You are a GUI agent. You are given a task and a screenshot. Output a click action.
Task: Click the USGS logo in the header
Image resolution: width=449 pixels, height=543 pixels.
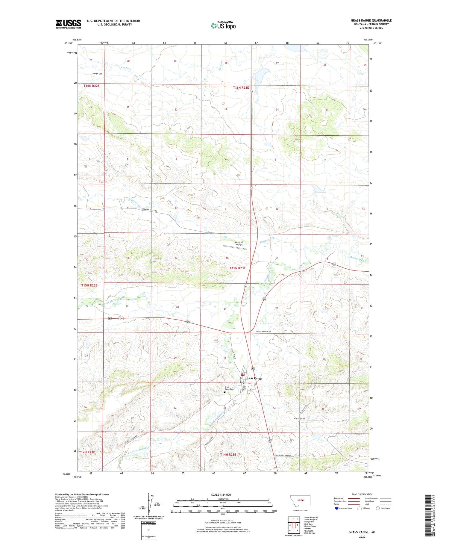click(x=68, y=24)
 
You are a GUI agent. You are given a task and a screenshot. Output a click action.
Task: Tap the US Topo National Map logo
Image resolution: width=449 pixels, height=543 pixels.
click(x=223, y=25)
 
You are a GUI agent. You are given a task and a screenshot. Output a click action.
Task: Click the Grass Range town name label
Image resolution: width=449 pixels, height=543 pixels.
click(x=254, y=378)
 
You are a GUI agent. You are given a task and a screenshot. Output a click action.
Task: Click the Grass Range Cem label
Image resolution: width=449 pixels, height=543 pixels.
click(x=229, y=388)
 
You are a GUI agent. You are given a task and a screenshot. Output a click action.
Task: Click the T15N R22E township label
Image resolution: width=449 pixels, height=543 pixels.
click(x=89, y=285)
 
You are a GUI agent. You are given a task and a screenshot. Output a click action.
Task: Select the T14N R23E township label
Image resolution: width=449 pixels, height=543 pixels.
click(x=228, y=455)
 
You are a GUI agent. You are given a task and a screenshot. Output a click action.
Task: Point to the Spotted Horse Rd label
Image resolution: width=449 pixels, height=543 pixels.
click(x=263, y=332)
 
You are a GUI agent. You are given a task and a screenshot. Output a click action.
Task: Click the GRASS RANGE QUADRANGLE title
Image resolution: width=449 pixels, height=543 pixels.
click(x=371, y=20)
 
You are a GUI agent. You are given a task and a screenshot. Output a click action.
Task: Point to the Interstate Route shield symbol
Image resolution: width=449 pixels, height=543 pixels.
click(x=337, y=508)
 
